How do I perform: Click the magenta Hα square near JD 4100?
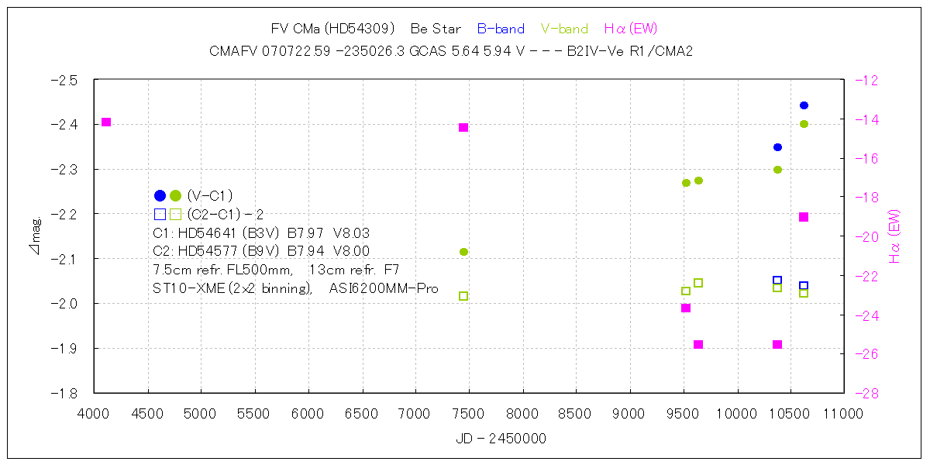click(106, 122)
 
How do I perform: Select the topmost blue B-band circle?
click(804, 105)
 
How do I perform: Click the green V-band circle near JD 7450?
click(463, 252)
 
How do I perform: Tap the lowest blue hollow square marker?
click(804, 286)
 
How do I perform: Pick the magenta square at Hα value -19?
click(804, 217)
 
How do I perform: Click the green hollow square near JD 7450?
click(463, 296)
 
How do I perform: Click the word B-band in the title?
click(501, 29)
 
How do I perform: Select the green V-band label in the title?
click(564, 29)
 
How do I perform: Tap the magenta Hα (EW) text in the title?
click(630, 29)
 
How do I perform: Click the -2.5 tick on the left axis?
click(64, 80)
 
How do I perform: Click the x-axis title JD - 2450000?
click(501, 439)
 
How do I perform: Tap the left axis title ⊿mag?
click(34, 238)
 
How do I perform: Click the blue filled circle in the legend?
click(160, 195)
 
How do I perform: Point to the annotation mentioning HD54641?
click(262, 232)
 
